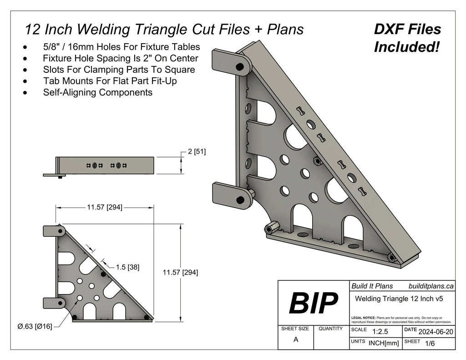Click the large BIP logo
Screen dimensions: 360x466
click(313, 303)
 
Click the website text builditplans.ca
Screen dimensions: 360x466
click(431, 286)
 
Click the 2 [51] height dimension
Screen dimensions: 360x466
click(196, 152)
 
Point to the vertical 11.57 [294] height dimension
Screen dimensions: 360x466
click(180, 273)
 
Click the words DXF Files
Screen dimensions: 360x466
click(407, 30)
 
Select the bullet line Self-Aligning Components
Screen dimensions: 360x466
click(97, 92)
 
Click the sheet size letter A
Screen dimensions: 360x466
click(296, 339)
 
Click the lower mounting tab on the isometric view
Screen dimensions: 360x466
click(232, 195)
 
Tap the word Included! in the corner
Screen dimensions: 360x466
click(406, 46)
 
